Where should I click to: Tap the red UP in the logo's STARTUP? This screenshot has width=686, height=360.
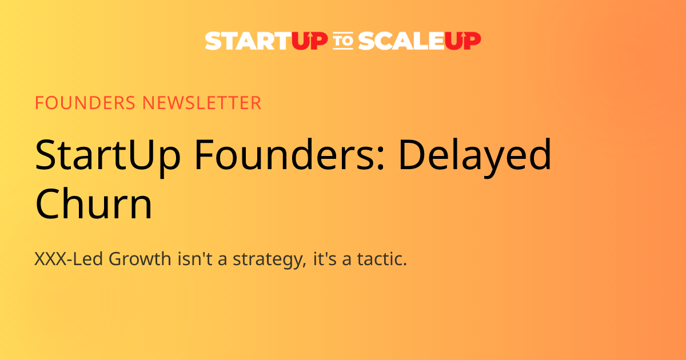(x=309, y=41)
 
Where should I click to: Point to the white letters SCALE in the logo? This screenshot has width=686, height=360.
(x=400, y=41)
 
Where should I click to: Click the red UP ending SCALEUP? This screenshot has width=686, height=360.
(x=462, y=41)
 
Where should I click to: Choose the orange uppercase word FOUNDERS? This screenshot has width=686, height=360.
(x=86, y=103)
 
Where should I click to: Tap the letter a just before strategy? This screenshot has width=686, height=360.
(x=224, y=261)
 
